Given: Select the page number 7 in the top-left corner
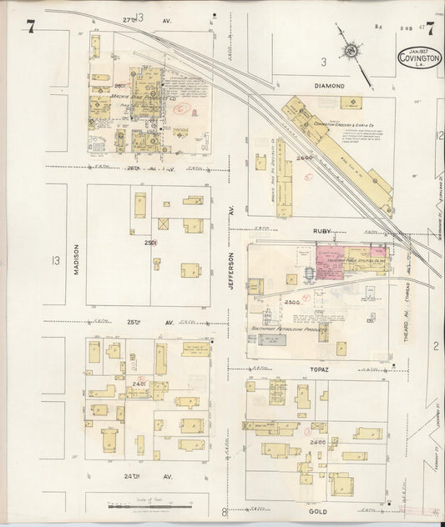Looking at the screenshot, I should tap(30, 27).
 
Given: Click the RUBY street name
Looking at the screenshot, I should tap(321, 230).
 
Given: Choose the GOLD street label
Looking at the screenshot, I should tap(317, 510).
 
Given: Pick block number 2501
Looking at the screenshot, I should tap(151, 243).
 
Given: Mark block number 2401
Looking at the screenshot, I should tap(139, 384).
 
